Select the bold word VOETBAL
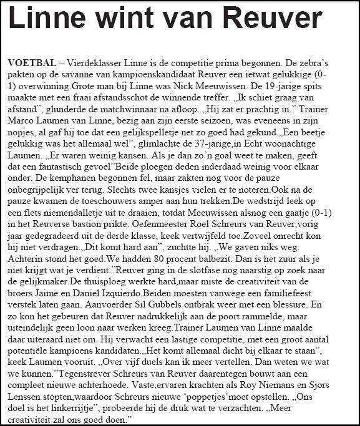(31, 65)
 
